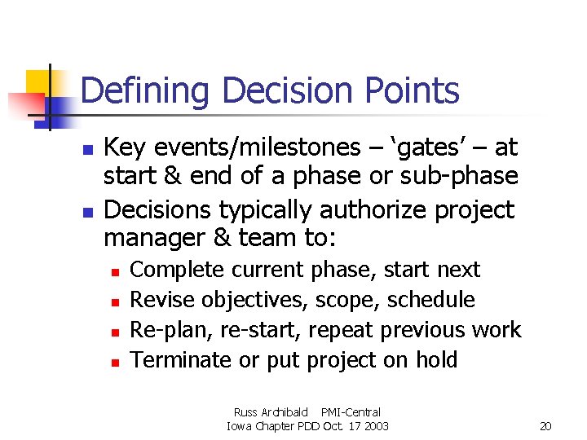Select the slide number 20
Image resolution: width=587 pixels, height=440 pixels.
click(545, 426)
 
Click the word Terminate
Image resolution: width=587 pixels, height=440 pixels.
click(181, 360)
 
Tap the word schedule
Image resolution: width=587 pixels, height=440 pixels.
click(430, 300)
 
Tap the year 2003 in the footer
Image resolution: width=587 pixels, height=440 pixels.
click(375, 426)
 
